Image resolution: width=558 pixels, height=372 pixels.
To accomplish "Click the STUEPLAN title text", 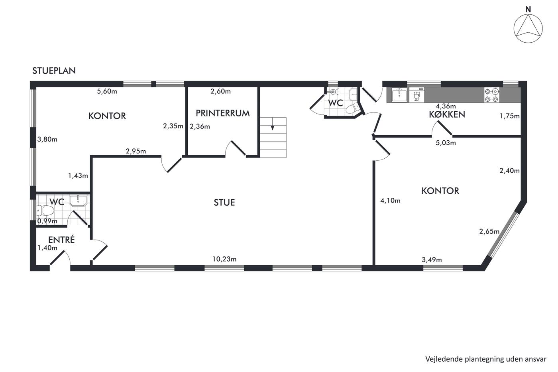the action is tap(54, 71).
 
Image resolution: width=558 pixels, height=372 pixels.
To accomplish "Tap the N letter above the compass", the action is tap(528, 10).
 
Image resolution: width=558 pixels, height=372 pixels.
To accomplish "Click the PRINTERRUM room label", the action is tap(222, 113).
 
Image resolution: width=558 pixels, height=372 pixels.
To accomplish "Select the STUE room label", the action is tap(224, 203).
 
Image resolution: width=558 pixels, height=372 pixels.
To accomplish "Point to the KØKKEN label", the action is tap(447, 114).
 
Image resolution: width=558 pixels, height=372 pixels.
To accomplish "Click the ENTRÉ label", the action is tap(61, 239).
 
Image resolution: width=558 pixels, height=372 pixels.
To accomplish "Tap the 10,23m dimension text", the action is tap(224, 259).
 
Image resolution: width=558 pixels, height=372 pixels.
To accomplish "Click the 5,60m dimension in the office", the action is tap(107, 91).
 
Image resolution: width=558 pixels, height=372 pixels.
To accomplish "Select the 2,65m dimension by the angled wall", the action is tap(489, 232).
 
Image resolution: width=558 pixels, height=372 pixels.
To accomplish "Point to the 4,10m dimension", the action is tap(390, 201).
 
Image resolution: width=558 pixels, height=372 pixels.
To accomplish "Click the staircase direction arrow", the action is tap(273, 124).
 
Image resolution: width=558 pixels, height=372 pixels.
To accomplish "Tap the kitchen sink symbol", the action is tap(399, 95).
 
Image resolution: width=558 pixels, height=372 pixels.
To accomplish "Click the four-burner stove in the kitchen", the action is tap(492, 95).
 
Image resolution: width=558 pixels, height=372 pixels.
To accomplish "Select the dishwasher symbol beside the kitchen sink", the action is tap(417, 94).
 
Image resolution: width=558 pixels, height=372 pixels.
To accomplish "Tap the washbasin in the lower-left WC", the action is tap(78, 201).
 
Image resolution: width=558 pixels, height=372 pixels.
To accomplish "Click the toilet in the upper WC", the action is tap(352, 108).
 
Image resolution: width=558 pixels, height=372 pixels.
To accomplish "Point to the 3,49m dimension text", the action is tap(432, 260).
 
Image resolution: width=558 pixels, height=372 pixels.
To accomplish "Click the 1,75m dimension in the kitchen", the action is tap(510, 116).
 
